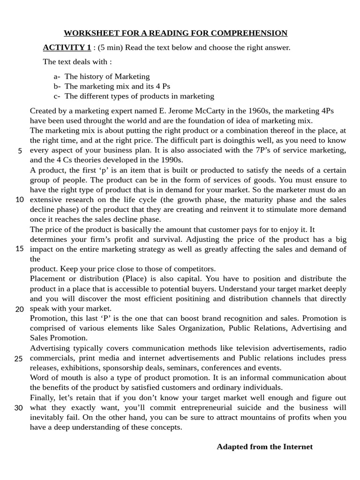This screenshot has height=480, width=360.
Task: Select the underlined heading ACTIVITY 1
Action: coord(67,47)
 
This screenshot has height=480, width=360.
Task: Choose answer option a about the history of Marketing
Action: coord(107,76)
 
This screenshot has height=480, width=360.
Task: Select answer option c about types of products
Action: coord(139,96)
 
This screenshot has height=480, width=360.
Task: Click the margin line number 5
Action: coord(20,150)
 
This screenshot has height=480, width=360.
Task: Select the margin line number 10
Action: coord(19,200)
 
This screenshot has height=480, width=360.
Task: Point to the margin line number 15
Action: coord(19,248)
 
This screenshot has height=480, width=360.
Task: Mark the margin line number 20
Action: coord(19,309)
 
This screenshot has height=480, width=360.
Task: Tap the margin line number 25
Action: coord(19,359)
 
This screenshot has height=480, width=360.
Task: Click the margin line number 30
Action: coord(19,408)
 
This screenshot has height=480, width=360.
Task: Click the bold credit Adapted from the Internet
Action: coord(264,447)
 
